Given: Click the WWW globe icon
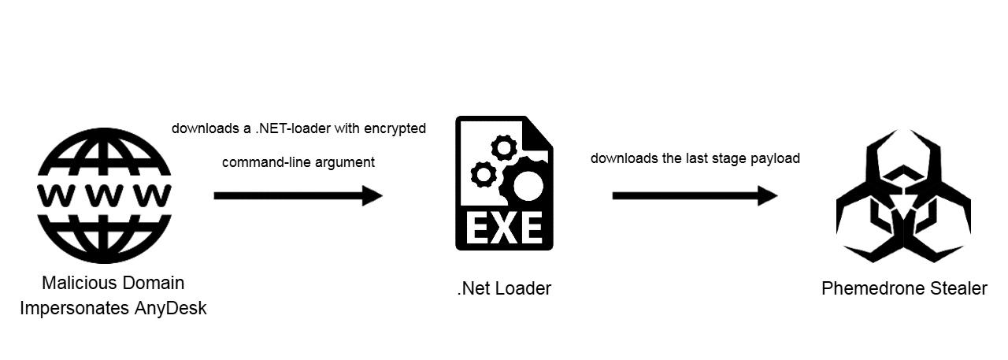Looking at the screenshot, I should (104, 195).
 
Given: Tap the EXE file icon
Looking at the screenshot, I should (504, 184).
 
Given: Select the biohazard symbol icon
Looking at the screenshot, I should (903, 197).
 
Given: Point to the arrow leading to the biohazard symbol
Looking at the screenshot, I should (695, 195).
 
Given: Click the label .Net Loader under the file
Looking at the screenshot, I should (504, 288).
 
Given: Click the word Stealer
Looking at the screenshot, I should (958, 288).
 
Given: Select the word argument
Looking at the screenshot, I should (345, 162).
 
